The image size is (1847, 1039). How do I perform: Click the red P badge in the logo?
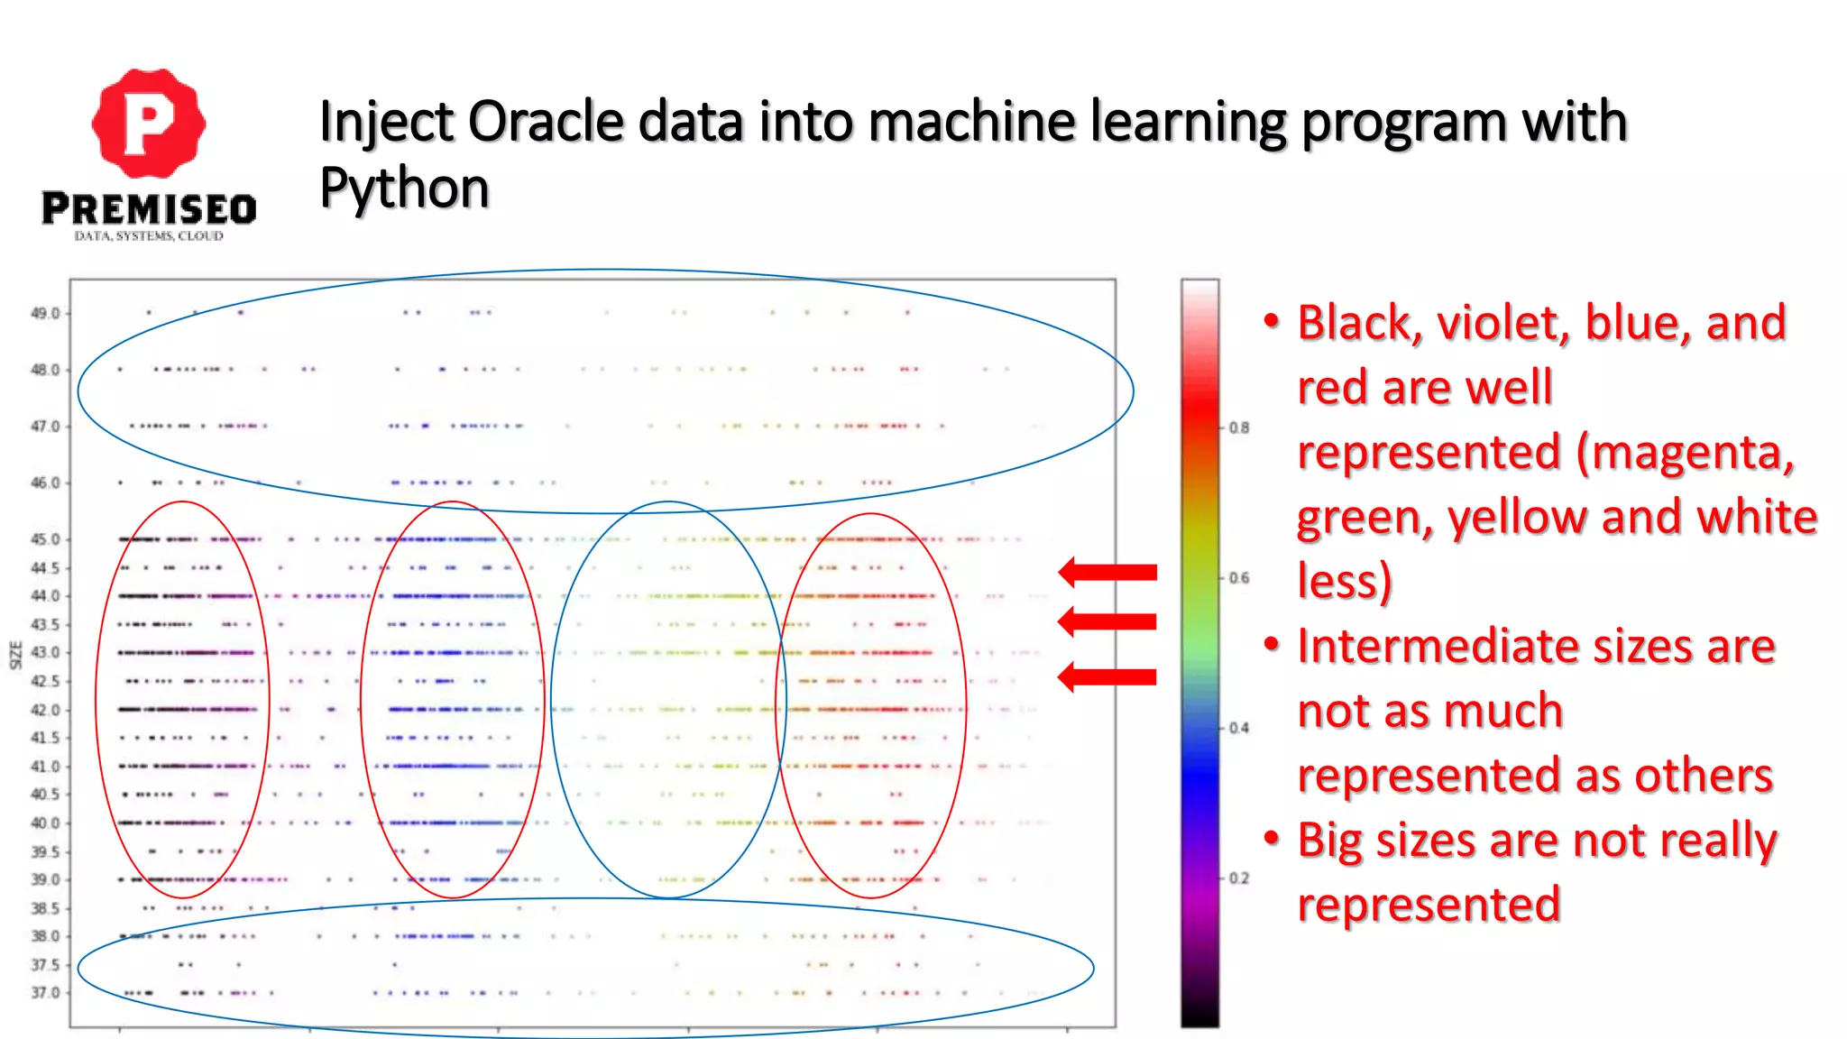(x=149, y=124)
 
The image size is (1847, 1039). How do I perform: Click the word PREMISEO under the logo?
(x=149, y=209)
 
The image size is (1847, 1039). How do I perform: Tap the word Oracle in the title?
(x=546, y=122)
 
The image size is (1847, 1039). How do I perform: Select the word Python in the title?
(x=404, y=188)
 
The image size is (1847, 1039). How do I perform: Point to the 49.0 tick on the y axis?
(x=45, y=314)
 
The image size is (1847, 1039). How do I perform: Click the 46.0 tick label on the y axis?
(x=45, y=483)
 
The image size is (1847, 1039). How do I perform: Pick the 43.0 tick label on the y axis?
(x=45, y=652)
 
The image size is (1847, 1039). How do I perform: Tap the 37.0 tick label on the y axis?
(x=45, y=993)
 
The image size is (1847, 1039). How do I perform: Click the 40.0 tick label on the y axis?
(x=45, y=823)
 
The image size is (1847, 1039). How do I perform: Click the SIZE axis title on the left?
(x=15, y=655)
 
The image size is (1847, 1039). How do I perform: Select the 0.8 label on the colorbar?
(x=1240, y=428)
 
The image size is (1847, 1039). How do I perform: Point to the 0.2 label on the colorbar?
(x=1240, y=878)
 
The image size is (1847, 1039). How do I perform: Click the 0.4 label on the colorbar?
(x=1240, y=728)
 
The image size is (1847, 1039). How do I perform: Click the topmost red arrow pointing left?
(x=1107, y=572)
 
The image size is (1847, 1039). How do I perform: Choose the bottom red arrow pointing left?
(x=1107, y=676)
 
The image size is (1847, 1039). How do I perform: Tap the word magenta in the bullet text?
(x=1685, y=453)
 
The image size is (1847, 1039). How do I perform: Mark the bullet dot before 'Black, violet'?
(x=1272, y=321)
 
